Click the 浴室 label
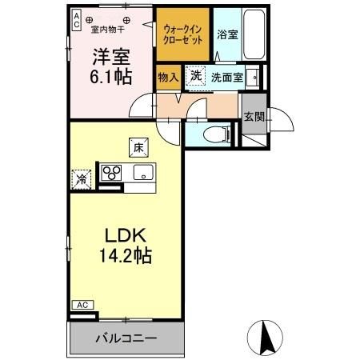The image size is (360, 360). (x=226, y=35)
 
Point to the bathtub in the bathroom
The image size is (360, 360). (x=247, y=34)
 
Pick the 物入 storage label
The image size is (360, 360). (x=167, y=78)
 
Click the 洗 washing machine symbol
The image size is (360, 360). (x=196, y=76)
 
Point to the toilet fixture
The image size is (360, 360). (x=214, y=135)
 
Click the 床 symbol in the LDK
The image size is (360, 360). (x=138, y=146)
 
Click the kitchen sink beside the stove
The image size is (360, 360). (x=144, y=173)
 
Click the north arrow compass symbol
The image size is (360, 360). (x=269, y=336)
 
